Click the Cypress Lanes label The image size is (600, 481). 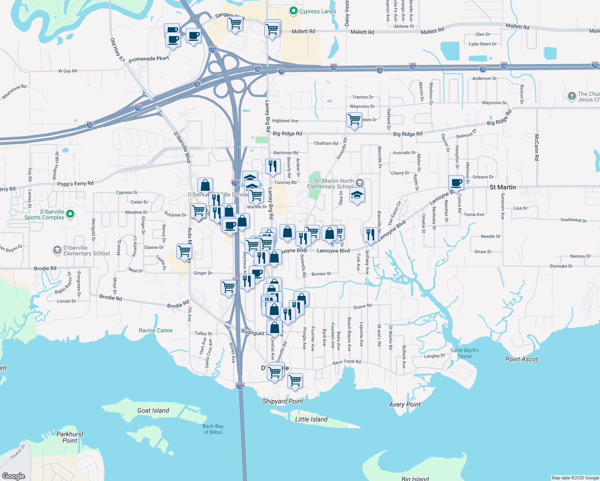[317, 11]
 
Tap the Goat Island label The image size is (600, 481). [153, 410]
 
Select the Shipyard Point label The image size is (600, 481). [283, 401]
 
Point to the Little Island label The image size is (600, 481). [311, 419]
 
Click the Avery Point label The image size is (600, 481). [405, 404]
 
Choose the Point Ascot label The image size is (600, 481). [521, 359]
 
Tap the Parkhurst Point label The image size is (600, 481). [70, 437]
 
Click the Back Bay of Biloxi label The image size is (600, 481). [213, 429]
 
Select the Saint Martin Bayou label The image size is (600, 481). [464, 353]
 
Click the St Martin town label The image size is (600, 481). [503, 187]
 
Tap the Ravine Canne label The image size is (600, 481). [156, 330]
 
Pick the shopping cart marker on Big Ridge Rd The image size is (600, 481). [355, 119]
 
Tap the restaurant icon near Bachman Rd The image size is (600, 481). [273, 166]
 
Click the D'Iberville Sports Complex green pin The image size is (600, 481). [70, 214]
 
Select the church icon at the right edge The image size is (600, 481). [572, 96]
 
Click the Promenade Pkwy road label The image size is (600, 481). [149, 59]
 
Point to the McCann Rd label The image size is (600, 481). [537, 147]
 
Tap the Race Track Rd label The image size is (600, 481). [347, 362]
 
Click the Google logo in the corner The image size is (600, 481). [14, 476]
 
